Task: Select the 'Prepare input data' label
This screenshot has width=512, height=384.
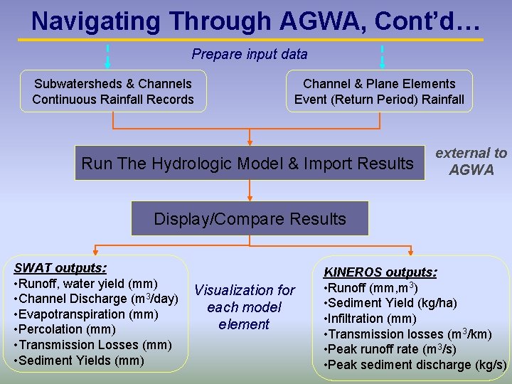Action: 250,54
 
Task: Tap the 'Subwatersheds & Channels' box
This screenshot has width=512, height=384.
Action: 113,91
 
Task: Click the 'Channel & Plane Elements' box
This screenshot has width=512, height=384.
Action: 379,91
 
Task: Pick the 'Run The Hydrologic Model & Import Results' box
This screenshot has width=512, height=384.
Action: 247,164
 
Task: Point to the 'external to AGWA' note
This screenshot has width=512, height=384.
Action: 471,161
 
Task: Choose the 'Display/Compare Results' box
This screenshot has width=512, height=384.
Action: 250,219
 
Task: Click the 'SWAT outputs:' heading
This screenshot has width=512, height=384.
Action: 60,268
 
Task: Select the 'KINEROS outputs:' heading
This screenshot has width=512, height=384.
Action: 380,272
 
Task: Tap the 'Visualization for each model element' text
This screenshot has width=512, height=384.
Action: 244,307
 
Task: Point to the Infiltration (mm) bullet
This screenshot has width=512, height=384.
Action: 370,319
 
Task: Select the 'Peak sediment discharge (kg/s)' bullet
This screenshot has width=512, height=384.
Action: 415,365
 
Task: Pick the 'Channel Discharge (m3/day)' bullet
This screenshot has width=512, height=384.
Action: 96,299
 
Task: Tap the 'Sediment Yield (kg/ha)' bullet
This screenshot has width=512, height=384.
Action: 390,304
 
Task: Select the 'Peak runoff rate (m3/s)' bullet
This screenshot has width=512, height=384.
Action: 390,349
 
